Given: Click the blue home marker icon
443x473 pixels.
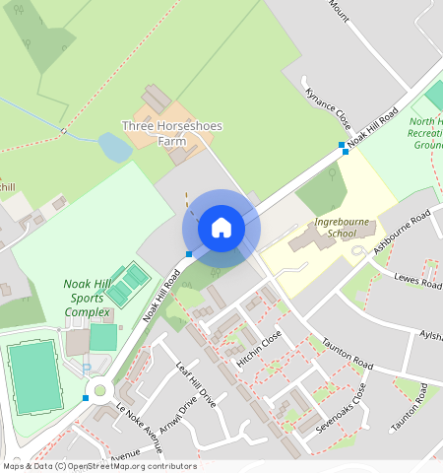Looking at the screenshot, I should pyautogui.click(x=221, y=229).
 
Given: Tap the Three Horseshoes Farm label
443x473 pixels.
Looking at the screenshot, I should pyautogui.click(x=154, y=133).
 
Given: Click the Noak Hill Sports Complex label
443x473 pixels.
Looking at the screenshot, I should pyautogui.click(x=88, y=298).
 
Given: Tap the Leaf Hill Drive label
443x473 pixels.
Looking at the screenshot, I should pyautogui.click(x=195, y=384).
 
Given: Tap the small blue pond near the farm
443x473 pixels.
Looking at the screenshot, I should pyautogui.click(x=114, y=148).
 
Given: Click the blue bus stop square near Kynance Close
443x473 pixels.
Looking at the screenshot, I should pyautogui.click(x=343, y=147).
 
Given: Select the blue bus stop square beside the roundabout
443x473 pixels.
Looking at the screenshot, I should pyautogui.click(x=87, y=397).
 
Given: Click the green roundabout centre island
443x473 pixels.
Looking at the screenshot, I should pyautogui.click(x=98, y=389).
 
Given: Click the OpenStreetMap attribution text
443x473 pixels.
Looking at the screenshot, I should pyautogui.click(x=98, y=466).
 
